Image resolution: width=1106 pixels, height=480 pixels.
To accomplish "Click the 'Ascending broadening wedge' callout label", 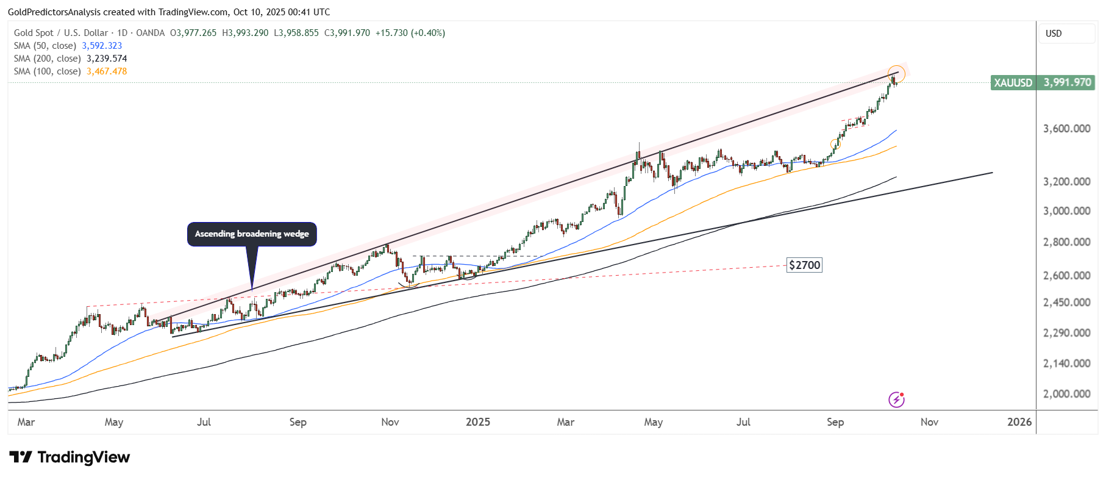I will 252,234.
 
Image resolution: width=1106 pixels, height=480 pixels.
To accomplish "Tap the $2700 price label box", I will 804,265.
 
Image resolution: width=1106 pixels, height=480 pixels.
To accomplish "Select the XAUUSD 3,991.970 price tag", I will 1043,82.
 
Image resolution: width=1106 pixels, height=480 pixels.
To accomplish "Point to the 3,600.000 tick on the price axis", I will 1066,129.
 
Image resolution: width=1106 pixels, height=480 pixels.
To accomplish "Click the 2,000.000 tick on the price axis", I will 1066,394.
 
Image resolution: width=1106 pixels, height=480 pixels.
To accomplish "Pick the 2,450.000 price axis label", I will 1066,303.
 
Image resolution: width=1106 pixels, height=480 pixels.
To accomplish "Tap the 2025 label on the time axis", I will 477,422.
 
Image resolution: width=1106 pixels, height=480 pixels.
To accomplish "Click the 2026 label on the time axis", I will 1019,422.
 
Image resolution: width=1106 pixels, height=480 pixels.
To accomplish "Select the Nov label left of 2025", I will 390,422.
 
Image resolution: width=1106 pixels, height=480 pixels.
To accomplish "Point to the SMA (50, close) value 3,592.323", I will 102,46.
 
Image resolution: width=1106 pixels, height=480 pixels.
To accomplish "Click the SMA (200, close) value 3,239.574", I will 107,59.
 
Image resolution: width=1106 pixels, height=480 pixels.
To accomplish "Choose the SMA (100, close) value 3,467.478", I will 107,71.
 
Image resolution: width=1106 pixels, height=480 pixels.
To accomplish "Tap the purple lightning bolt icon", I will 896,399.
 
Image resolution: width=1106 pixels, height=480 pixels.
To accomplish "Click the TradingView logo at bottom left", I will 70,457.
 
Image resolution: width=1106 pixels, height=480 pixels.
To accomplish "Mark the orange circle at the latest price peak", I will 896,74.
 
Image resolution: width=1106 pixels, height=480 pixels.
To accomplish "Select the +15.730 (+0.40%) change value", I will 410,33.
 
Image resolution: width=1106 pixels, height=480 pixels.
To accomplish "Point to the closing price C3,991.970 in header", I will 347,33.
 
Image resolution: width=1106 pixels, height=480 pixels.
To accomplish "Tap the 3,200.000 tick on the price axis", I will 1066,182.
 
